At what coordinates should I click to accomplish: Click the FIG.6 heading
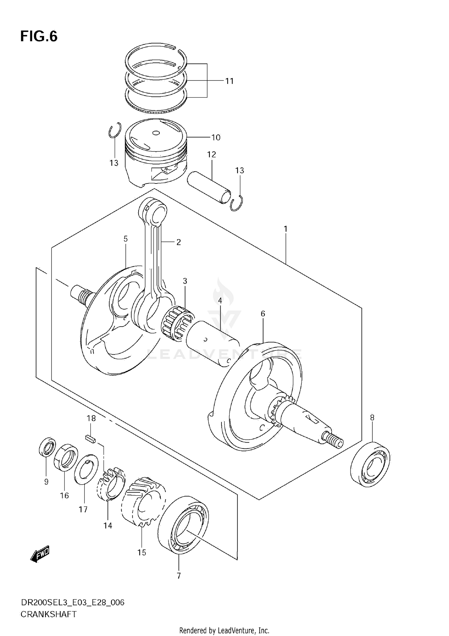tap(39, 37)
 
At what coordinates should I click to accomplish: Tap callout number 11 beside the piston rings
tap(229, 81)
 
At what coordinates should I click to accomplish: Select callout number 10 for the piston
tap(216, 137)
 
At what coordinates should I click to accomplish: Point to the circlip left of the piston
tap(115, 130)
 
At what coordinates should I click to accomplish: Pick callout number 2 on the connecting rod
tap(178, 242)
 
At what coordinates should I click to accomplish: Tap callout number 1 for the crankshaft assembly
tap(286, 229)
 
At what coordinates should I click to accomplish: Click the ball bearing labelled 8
tap(370, 464)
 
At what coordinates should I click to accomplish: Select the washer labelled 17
tap(87, 469)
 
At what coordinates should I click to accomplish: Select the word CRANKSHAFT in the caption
tap(48, 615)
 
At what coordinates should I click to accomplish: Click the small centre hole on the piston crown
tap(156, 133)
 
